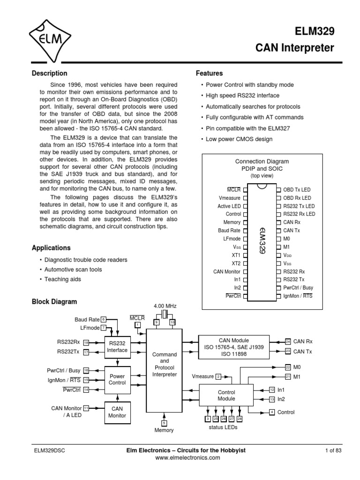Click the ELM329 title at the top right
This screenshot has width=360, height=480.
pyautogui.click(x=314, y=32)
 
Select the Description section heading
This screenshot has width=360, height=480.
pyautogui.click(x=49, y=74)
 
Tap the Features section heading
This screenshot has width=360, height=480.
pyautogui.click(x=209, y=74)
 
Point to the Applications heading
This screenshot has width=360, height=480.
pyautogui.click(x=51, y=247)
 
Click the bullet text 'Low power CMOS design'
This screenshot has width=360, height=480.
pyautogui.click(x=239, y=139)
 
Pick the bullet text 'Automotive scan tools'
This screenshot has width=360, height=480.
pyautogui.click(x=73, y=270)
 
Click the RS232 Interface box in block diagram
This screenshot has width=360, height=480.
pyautogui.click(x=117, y=347)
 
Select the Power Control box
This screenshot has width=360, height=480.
pyautogui.click(x=117, y=379)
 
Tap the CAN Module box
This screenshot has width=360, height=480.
pyautogui.click(x=234, y=346)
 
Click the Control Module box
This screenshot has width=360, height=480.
pyautogui.click(x=226, y=395)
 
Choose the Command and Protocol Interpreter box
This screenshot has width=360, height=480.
pyautogui.click(x=164, y=365)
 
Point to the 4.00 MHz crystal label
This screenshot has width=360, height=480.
pyautogui.click(x=165, y=306)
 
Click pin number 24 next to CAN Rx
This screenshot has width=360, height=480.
pyautogui.click(x=288, y=341)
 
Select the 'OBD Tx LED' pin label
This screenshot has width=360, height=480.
pyautogui.click(x=296, y=190)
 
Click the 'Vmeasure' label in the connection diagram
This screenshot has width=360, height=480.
pyautogui.click(x=230, y=198)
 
